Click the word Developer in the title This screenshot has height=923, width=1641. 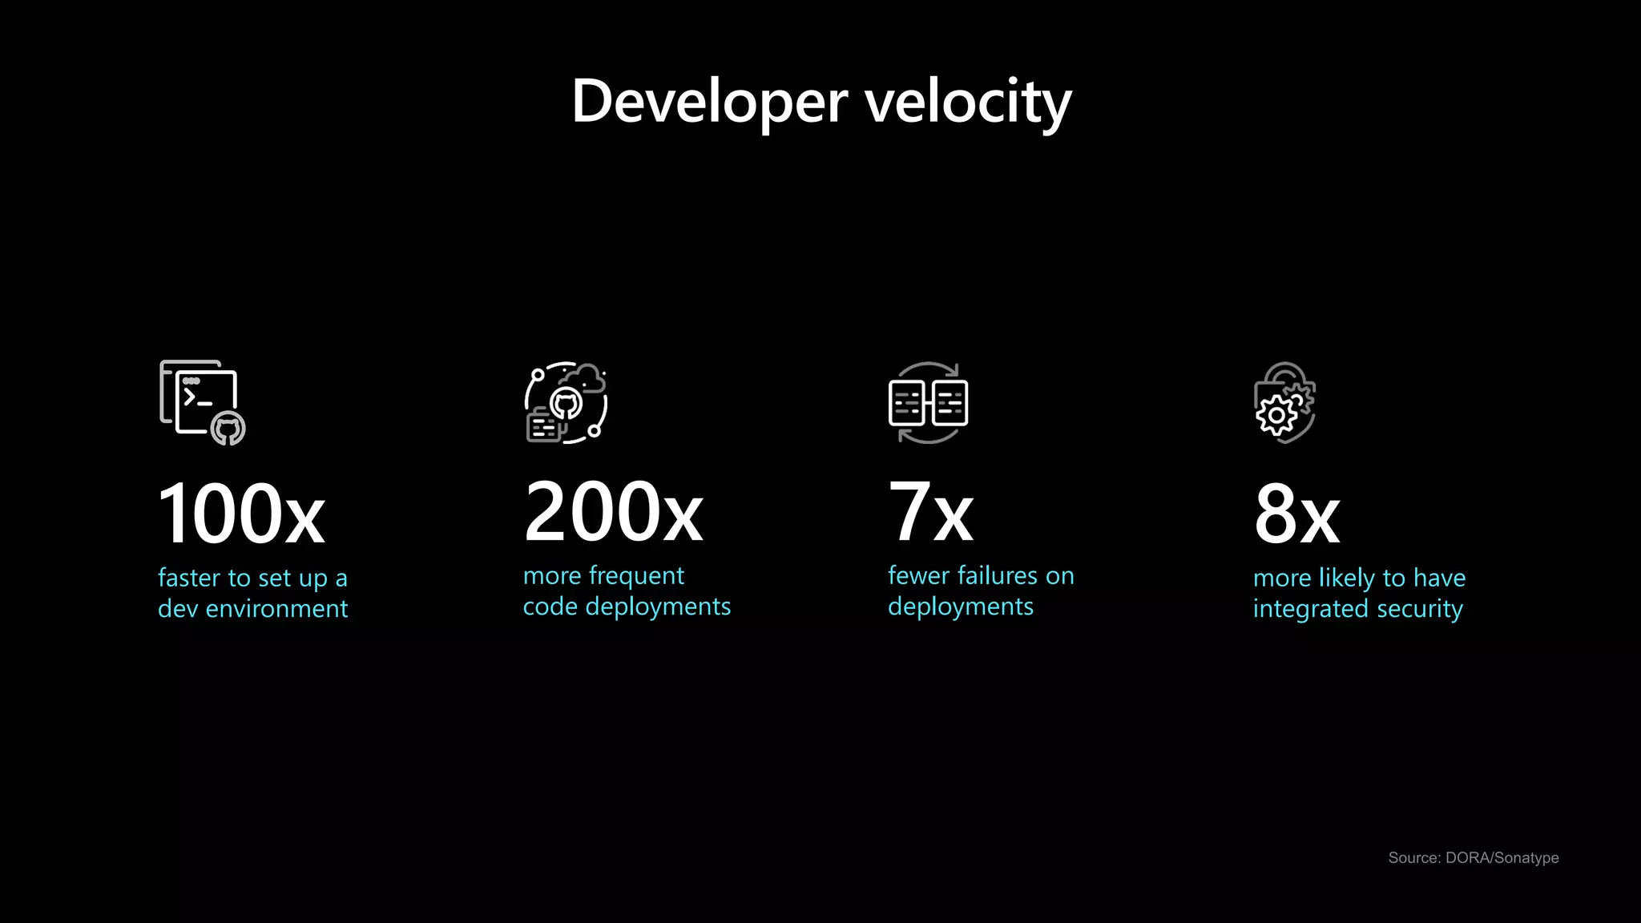(x=709, y=102)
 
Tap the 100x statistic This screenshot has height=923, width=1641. (x=241, y=514)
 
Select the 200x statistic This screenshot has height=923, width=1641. (x=613, y=512)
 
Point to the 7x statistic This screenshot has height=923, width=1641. (x=930, y=513)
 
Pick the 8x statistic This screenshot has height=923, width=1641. (x=1296, y=514)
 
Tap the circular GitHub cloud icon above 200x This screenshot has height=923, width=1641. (x=566, y=401)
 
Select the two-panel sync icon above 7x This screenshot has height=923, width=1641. (x=928, y=402)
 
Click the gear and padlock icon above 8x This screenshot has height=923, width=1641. (x=1284, y=402)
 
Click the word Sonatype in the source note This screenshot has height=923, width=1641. (x=1526, y=858)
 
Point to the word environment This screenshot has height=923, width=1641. (x=276, y=609)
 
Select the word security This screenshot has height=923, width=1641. (x=1419, y=610)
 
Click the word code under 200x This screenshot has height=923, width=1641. (x=550, y=607)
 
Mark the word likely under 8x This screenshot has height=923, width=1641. (x=1346, y=578)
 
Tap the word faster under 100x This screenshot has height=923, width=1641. (x=189, y=578)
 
